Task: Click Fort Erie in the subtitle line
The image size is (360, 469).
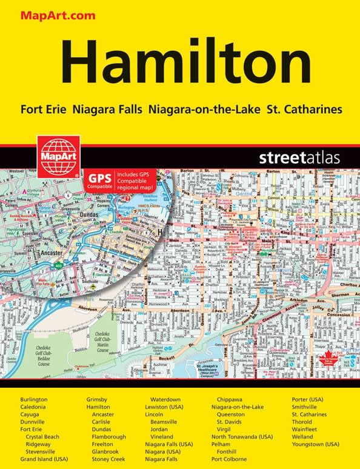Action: (x=44, y=110)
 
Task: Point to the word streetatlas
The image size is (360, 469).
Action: (x=299, y=159)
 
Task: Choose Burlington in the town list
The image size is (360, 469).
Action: (x=34, y=400)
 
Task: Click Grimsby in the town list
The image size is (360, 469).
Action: (x=98, y=400)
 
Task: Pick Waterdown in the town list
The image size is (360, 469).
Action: (x=166, y=400)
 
